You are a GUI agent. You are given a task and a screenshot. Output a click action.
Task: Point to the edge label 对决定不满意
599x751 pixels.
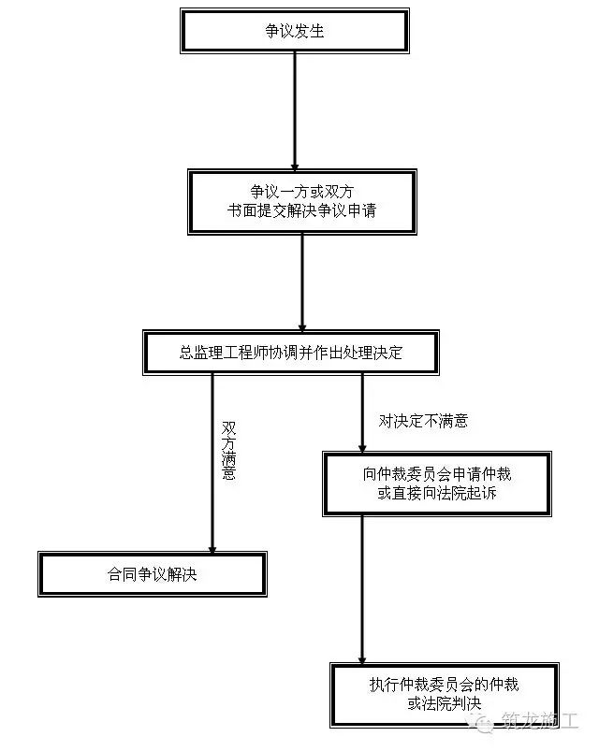[x=423, y=421]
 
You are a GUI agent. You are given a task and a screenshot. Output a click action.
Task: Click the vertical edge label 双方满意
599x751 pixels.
[x=228, y=450]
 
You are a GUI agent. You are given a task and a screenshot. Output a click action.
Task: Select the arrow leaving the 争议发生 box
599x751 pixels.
[x=295, y=111]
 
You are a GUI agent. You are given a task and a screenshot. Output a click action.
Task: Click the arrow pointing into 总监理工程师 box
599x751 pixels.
[x=302, y=282]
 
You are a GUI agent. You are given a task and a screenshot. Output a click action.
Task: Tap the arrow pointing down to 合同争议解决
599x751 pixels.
[x=212, y=463]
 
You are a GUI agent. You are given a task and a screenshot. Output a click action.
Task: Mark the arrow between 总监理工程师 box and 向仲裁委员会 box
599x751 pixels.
[x=362, y=413]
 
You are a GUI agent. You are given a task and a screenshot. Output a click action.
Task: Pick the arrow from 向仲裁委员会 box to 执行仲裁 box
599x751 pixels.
[x=362, y=589]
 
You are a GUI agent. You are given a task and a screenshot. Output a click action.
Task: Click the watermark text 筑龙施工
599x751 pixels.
[x=540, y=720]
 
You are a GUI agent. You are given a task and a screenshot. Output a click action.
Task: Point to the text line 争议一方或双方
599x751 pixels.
[x=301, y=192]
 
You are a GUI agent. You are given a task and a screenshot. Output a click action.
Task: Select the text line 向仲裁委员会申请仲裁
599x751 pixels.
[x=436, y=474]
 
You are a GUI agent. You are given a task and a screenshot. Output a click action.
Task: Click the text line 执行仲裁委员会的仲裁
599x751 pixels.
[x=445, y=685]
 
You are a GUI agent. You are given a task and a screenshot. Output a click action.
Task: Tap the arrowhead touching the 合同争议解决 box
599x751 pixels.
[x=212, y=549]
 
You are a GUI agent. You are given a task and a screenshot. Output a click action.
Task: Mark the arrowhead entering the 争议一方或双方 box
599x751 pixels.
[x=295, y=166]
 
